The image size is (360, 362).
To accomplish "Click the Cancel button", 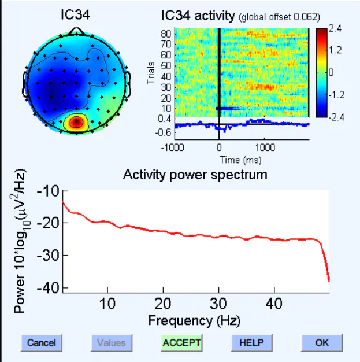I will tap(42, 343).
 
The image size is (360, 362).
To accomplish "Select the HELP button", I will tap(251, 343).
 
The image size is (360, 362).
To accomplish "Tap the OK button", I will tap(322, 343).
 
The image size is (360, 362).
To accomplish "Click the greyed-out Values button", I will tap(112, 343).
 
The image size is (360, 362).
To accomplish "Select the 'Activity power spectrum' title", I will tap(195, 175).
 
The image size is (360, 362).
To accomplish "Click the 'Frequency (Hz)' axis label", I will tap(194, 319).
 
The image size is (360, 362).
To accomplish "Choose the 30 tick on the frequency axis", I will tap(218, 304).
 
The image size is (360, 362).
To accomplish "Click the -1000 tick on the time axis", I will tap(173, 147).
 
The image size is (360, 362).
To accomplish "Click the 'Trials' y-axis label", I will tap(151, 73).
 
